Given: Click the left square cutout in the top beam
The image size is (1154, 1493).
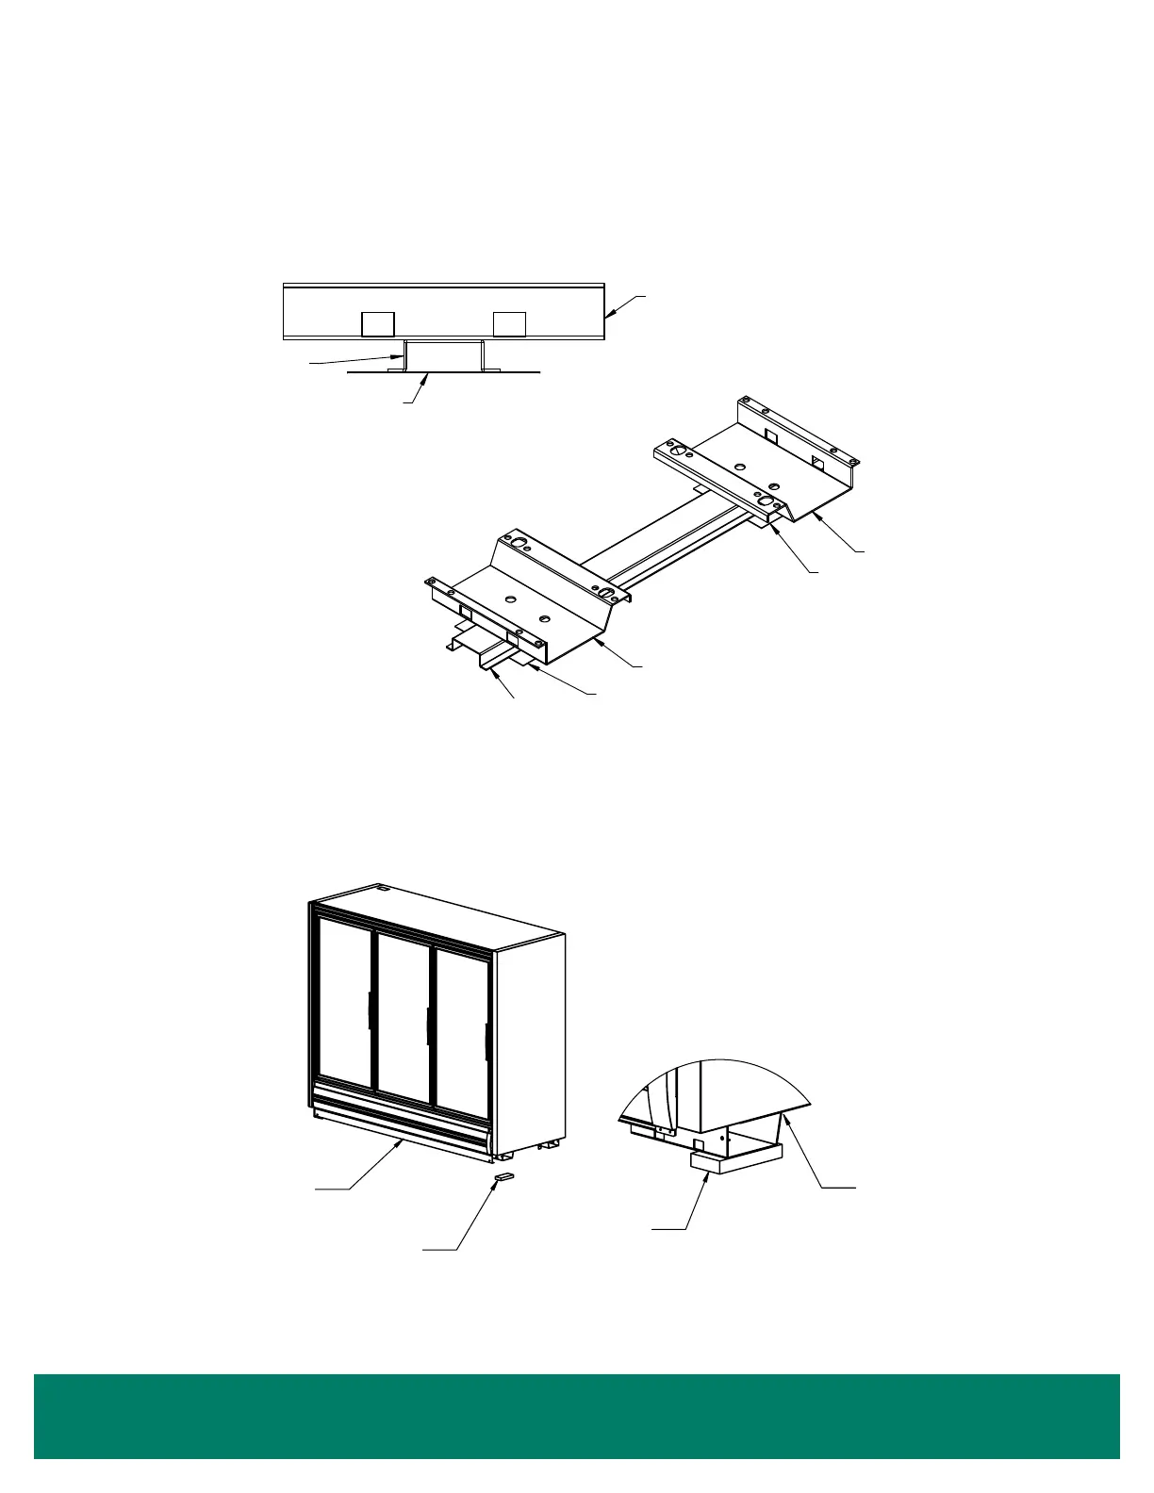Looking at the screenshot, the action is tap(378, 324).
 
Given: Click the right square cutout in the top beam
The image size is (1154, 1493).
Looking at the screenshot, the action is tap(509, 324).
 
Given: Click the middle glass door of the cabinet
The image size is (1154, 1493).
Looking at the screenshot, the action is tap(403, 1009).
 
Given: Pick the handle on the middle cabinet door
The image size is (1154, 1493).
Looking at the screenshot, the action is tap(428, 1025).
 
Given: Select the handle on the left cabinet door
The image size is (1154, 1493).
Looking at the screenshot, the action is tap(369, 1011).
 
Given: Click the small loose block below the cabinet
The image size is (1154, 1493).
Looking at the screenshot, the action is tap(504, 1176).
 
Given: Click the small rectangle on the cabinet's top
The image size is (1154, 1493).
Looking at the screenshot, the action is tap(383, 888).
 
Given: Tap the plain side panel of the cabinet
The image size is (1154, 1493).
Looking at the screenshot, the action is tap(530, 1037).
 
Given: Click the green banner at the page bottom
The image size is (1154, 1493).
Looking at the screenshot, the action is tap(577, 1416).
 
